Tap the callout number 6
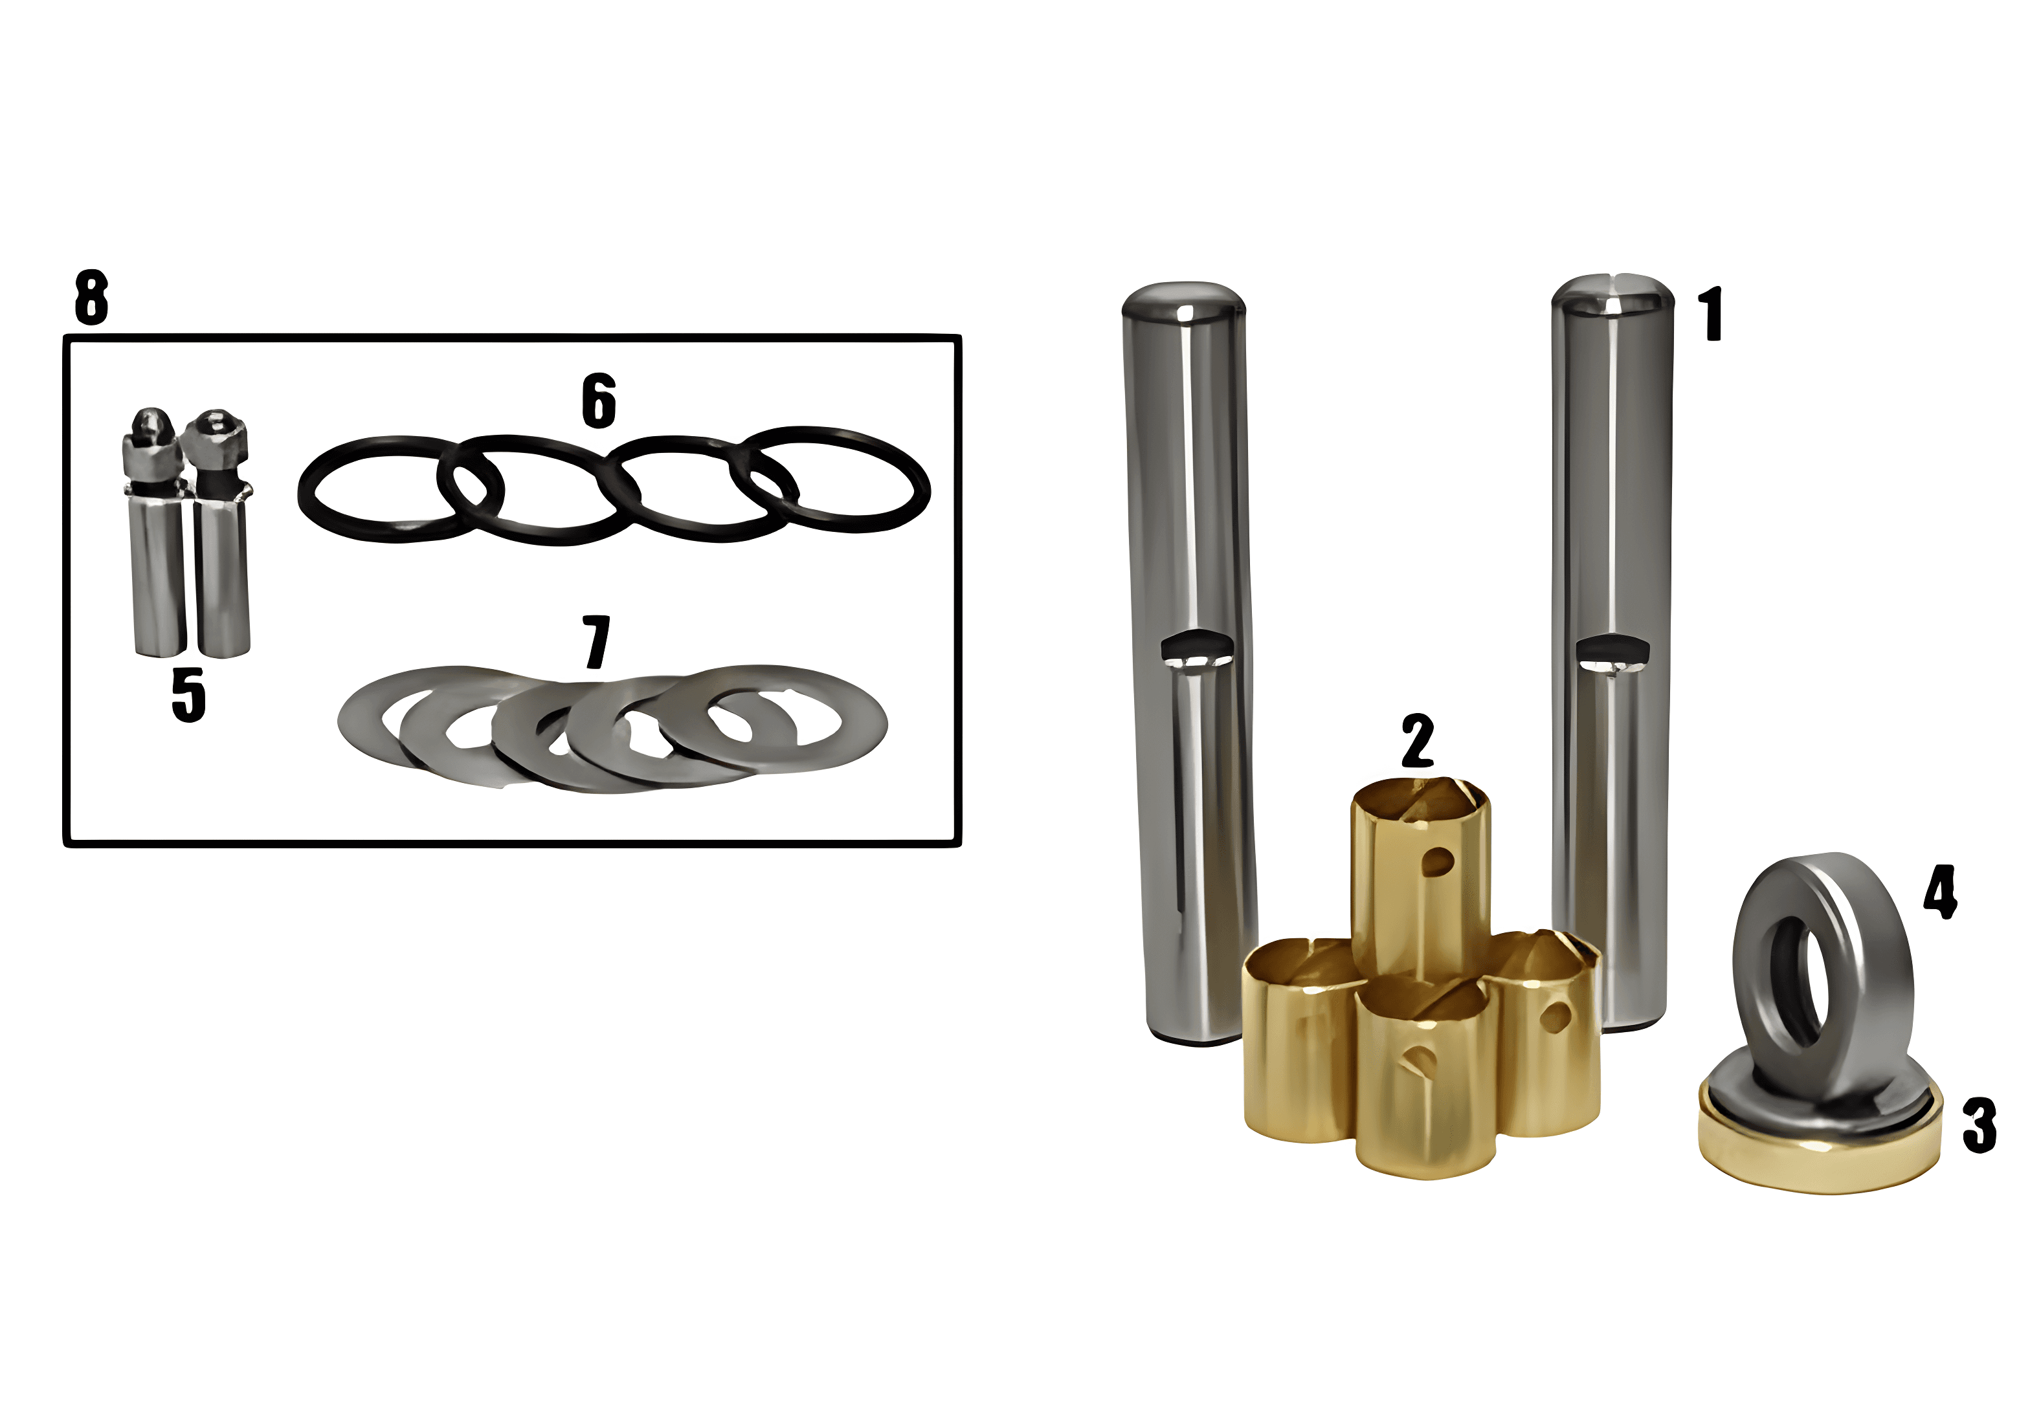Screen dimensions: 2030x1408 coord(598,401)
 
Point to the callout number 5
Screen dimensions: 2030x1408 coord(188,694)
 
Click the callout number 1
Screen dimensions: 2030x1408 coord(1712,313)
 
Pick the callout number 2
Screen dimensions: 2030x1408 coord(1418,741)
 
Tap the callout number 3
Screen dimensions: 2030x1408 coord(1979,1125)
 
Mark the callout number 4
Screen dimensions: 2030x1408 coord(1940,892)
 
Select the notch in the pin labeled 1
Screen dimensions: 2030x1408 coord(1612,650)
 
